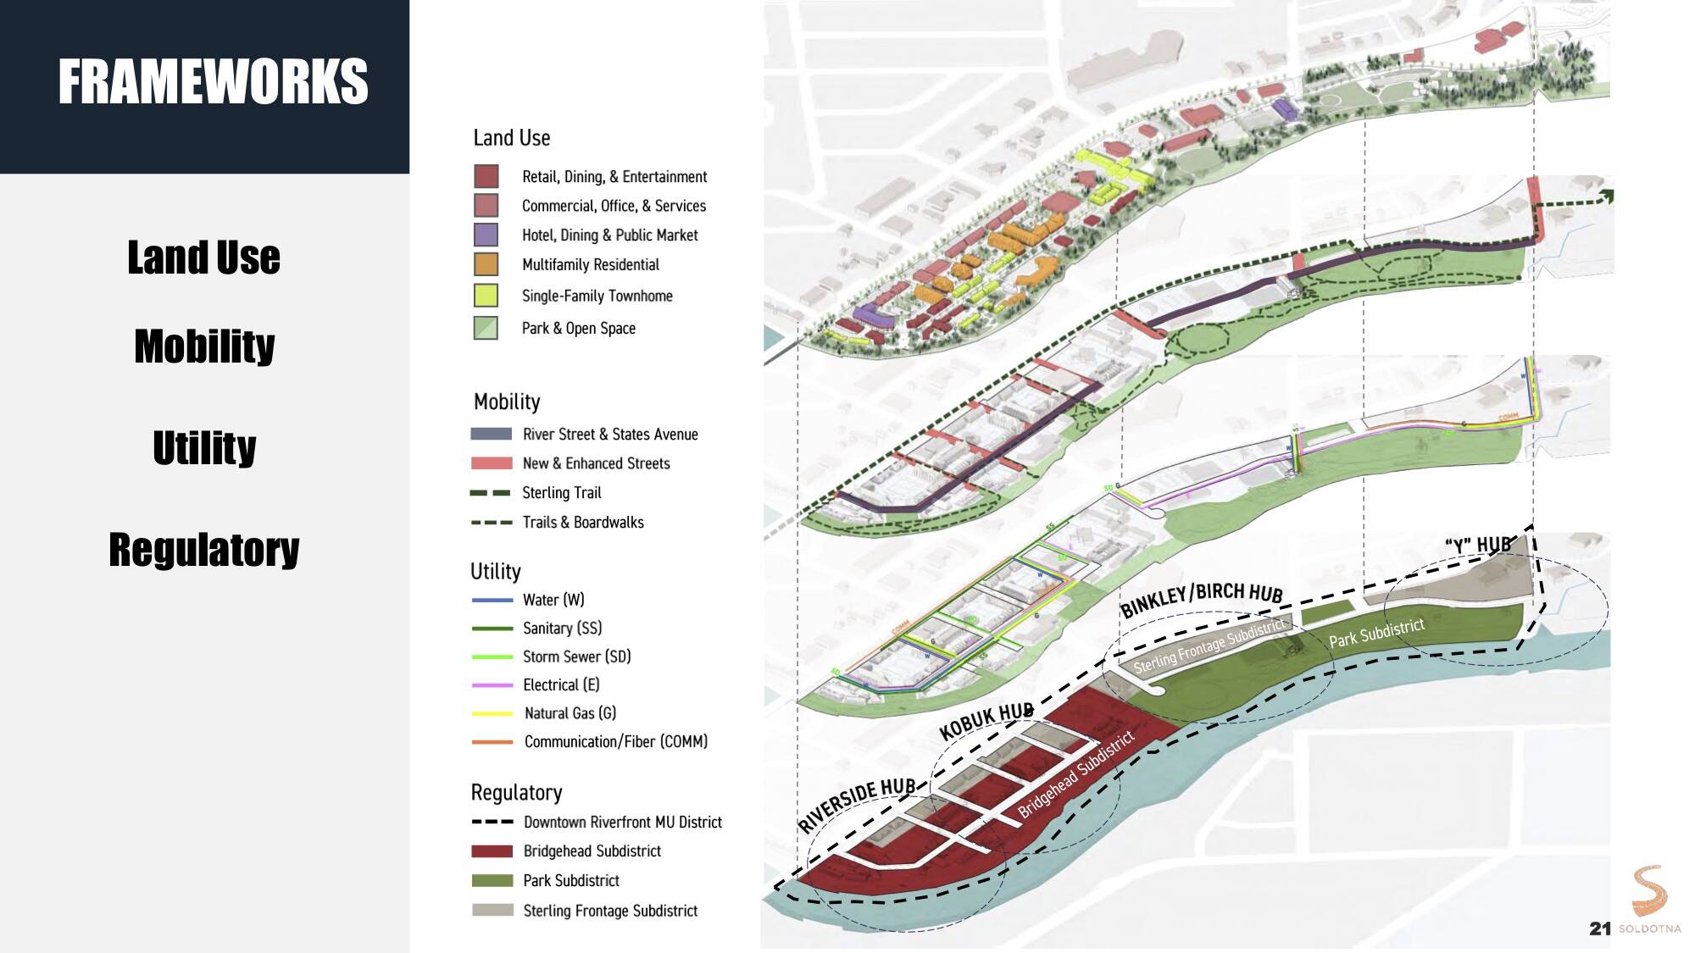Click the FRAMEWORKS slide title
tap(213, 82)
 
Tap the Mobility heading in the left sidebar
tap(204, 346)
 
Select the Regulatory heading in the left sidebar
tap(204, 550)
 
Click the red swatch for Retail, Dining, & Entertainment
tap(486, 176)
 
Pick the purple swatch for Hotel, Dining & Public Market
tap(486, 235)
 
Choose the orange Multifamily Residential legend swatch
tap(486, 264)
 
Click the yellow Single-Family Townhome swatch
tap(486, 296)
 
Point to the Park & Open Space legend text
tap(578, 328)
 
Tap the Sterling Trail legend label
tap(561, 492)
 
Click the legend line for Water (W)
tap(492, 600)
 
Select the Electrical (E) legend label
tap(560, 684)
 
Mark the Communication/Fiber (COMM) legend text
tap(615, 741)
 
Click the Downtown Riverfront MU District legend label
tap(622, 822)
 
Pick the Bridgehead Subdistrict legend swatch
tap(492, 850)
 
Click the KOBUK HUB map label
tap(986, 722)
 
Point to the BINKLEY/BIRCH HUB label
tap(1202, 599)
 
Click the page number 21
tap(1599, 928)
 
